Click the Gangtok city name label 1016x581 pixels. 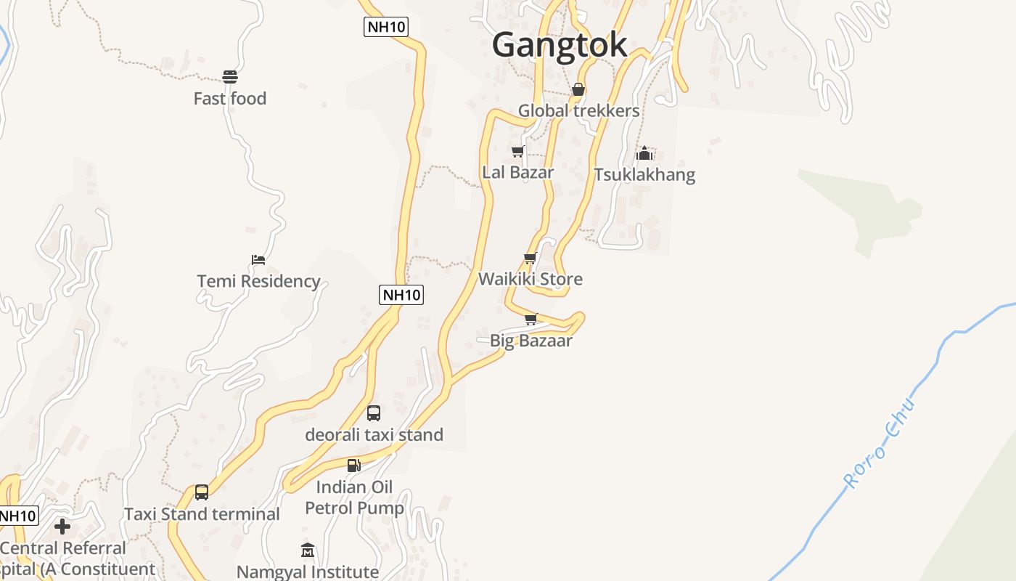click(x=559, y=45)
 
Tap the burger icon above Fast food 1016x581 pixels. click(x=230, y=76)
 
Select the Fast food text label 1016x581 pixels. click(x=230, y=99)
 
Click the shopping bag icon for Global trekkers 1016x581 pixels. click(x=578, y=89)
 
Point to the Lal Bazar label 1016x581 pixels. click(x=517, y=173)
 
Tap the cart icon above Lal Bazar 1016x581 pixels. click(x=517, y=151)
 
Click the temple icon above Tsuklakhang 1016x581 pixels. click(x=644, y=153)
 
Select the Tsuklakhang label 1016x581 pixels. click(x=644, y=175)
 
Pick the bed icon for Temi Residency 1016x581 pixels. click(x=258, y=259)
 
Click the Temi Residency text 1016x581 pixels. click(x=258, y=281)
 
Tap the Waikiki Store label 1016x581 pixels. click(x=530, y=279)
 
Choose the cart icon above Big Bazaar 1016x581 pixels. click(x=531, y=319)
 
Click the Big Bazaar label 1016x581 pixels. click(x=531, y=341)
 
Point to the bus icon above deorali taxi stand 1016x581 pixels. click(x=374, y=413)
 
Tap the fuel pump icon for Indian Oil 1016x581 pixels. click(x=353, y=466)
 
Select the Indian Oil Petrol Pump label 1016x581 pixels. click(x=354, y=497)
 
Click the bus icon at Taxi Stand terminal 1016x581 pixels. click(x=202, y=492)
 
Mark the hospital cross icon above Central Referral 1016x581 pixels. click(x=62, y=527)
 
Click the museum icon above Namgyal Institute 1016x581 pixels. click(x=308, y=550)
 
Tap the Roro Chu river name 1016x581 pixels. click(x=880, y=444)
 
